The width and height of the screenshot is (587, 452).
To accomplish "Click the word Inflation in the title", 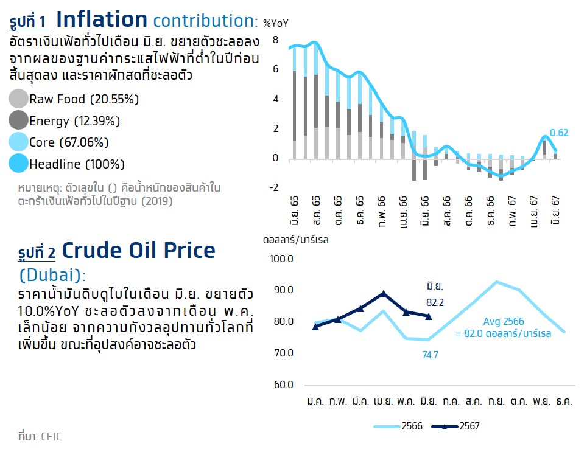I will pos(102,20).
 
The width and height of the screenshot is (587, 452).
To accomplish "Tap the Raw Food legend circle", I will pos(19,99).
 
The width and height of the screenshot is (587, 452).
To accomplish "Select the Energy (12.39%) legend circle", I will pos(19,120).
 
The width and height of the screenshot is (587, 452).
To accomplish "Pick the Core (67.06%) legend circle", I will pos(19,142).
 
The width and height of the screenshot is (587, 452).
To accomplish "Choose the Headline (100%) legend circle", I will pos(19,164).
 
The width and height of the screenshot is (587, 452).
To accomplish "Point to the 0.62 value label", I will pos(558,133).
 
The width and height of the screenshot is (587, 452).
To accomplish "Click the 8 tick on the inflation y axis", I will pos(275,40).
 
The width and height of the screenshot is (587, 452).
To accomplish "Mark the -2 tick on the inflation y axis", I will pos(273,187).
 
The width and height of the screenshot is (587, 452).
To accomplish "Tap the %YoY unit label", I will pos(275,23).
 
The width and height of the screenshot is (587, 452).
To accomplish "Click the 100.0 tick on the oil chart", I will pos(281,259).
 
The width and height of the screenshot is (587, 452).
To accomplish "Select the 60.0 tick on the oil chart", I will pos(283,385).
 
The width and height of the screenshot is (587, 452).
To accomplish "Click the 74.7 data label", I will pos(430,355).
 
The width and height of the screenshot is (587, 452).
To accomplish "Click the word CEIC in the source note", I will pos(51,437).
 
